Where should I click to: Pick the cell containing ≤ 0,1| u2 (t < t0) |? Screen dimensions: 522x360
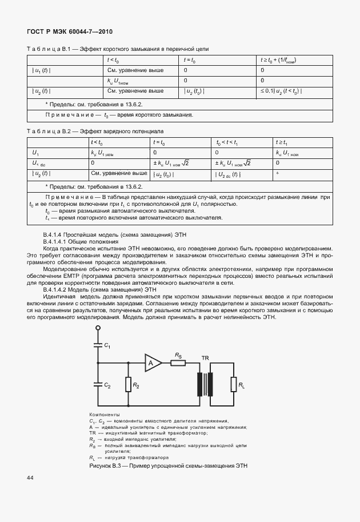pyautogui.click(x=281, y=91)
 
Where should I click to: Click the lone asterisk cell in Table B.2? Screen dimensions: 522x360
pyautogui.click(x=277, y=174)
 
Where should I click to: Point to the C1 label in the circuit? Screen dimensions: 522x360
pyautogui.click(x=108, y=345)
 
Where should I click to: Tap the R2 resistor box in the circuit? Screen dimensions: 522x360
pyautogui.click(x=128, y=385)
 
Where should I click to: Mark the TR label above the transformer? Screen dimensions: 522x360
pyautogui.click(x=205, y=357)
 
